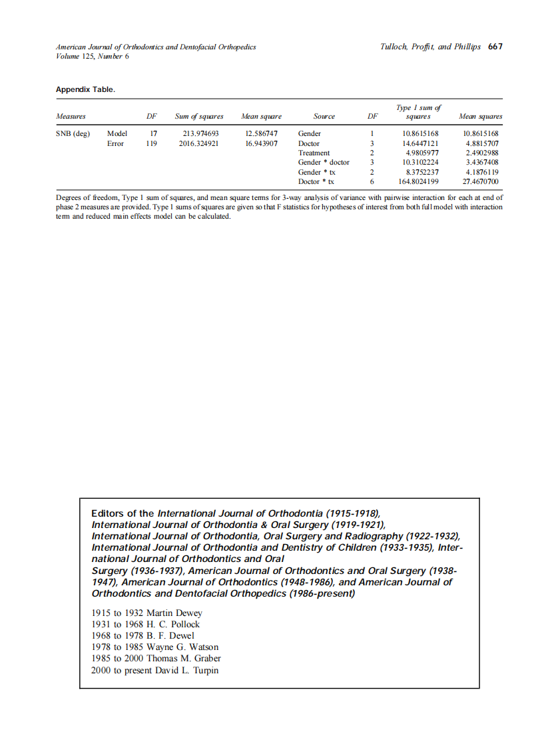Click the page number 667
tap(495, 47)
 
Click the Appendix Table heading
tap(85, 89)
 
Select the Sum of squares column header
tap(199, 117)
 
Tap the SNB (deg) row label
tap(73, 133)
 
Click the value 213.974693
tap(200, 133)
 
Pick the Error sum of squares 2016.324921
tap(199, 143)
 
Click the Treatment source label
tap(314, 153)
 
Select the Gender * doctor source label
tap(324, 162)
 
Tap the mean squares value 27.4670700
tap(480, 181)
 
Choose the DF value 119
tap(151, 143)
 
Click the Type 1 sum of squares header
tap(418, 112)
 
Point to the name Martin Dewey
tap(174, 613)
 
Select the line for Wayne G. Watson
tap(154, 647)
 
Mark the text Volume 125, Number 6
tap(93, 56)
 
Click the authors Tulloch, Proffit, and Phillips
tap(430, 47)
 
